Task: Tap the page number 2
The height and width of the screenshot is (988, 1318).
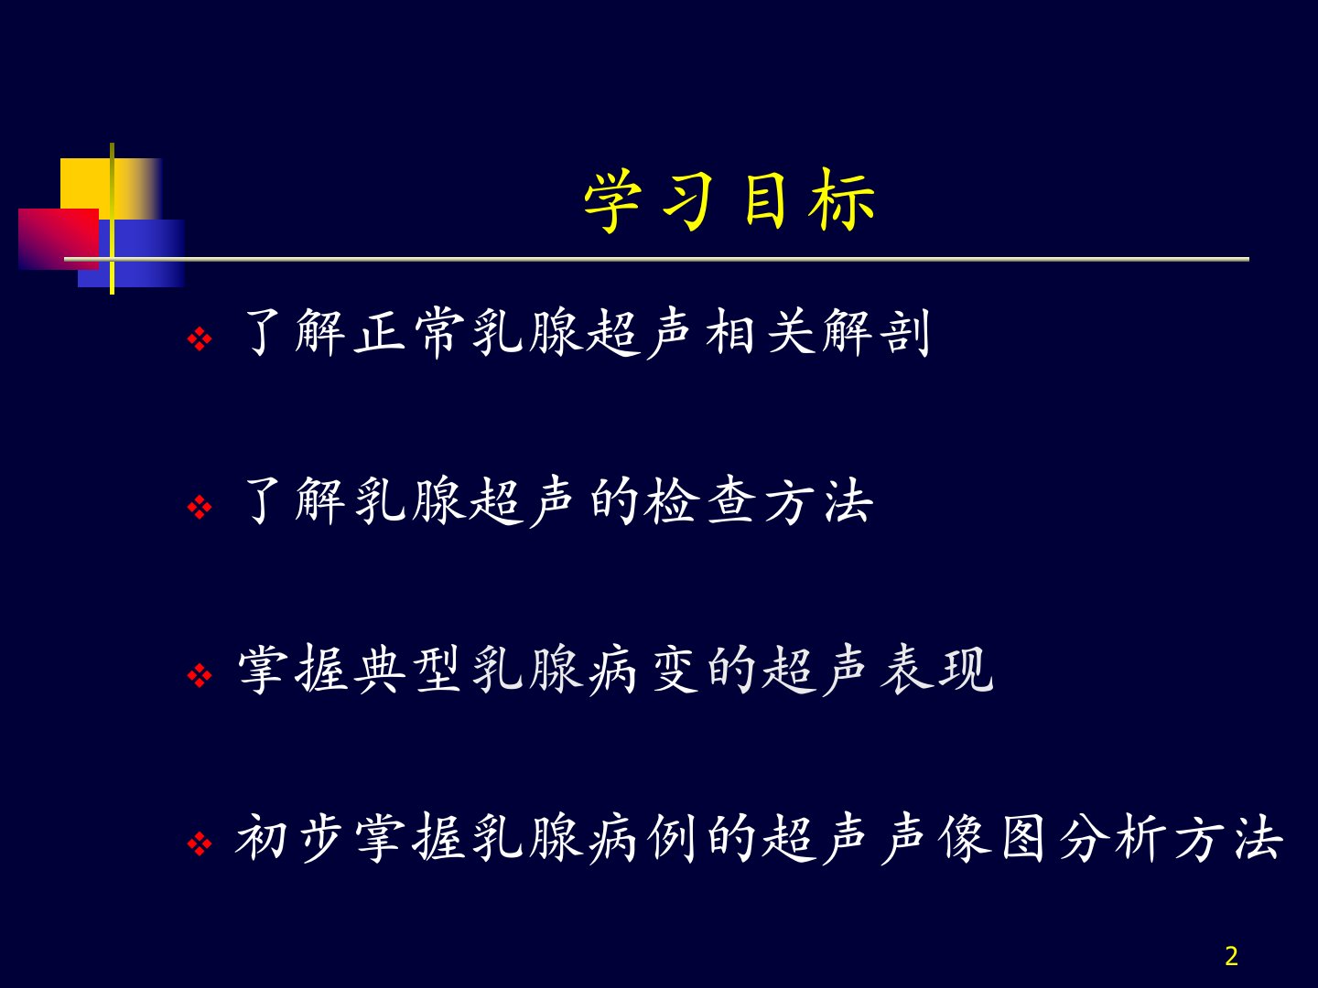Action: (x=1231, y=956)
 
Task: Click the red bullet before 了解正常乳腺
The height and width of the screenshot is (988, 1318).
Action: (x=200, y=338)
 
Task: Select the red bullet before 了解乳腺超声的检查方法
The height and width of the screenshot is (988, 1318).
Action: (x=200, y=508)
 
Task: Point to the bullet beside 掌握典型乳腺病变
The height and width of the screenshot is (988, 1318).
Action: (x=200, y=676)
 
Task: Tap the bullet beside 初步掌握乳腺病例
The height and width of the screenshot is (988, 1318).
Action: (x=200, y=844)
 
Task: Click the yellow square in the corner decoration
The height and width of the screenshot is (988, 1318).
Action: (x=111, y=188)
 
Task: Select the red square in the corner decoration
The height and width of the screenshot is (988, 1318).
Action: (x=59, y=239)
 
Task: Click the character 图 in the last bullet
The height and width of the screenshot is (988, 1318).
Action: (x=1024, y=838)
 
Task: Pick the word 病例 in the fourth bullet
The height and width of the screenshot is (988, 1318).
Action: (x=642, y=838)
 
